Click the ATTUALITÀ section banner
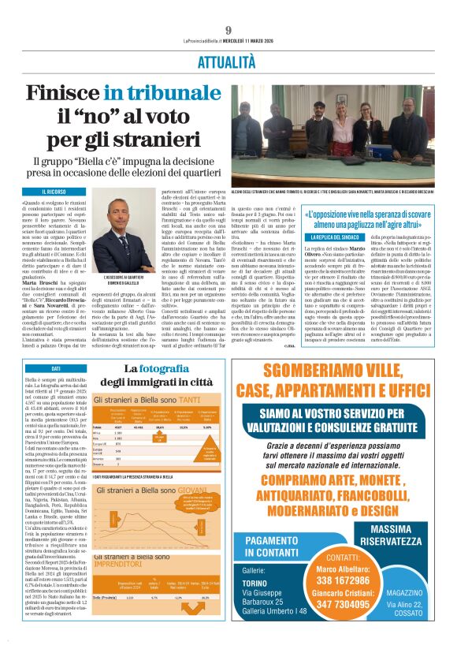pos(228,60)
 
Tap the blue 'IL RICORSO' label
pos(43,192)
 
